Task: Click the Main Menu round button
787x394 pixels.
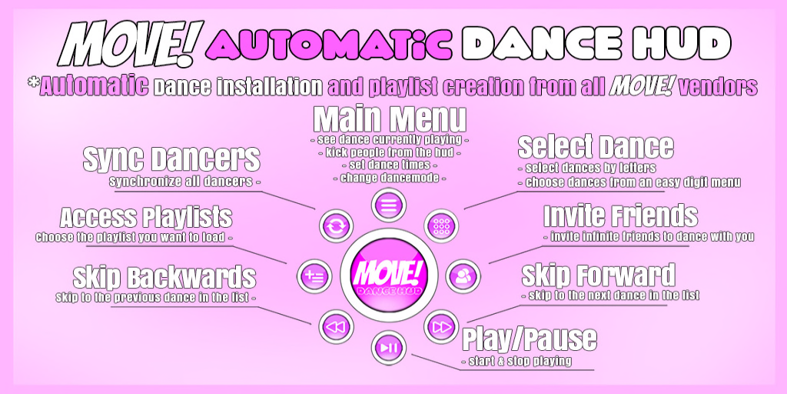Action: click(388, 205)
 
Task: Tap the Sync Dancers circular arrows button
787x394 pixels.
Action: click(335, 225)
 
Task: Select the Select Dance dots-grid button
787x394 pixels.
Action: click(441, 225)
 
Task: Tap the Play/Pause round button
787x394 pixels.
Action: click(388, 348)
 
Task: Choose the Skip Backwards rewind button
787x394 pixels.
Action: click(335, 327)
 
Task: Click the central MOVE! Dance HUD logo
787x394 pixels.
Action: click(388, 276)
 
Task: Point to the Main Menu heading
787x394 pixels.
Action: click(390, 119)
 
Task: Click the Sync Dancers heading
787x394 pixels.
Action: click(171, 159)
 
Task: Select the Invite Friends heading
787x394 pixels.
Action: click(620, 215)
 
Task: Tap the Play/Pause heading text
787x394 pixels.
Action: click(529, 339)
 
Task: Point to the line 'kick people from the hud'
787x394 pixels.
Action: click(390, 152)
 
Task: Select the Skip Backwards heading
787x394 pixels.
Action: click(164, 277)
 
